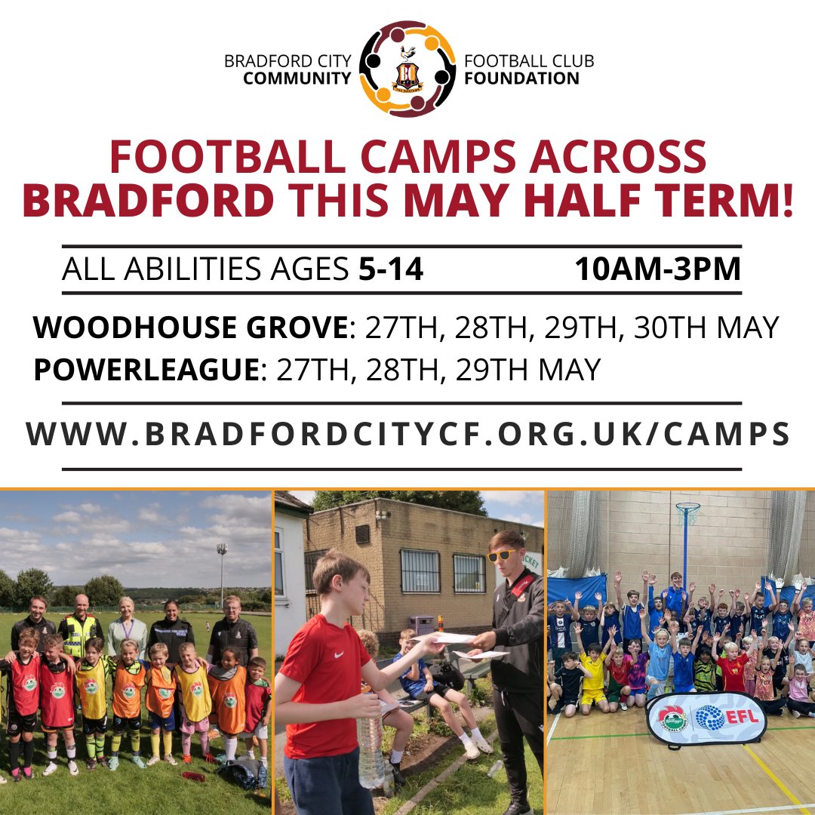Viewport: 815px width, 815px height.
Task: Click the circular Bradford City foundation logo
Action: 407,69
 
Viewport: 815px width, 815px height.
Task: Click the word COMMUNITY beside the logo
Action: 297,78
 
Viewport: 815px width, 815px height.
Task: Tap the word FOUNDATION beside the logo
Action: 522,78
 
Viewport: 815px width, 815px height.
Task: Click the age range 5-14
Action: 391,269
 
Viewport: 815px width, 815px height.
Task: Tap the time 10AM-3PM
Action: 658,269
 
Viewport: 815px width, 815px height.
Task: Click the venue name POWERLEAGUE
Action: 146,370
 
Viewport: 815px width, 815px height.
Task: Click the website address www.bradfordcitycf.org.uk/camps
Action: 407,434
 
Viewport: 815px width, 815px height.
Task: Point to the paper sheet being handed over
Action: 444,638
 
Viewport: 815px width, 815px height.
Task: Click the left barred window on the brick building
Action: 420,570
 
